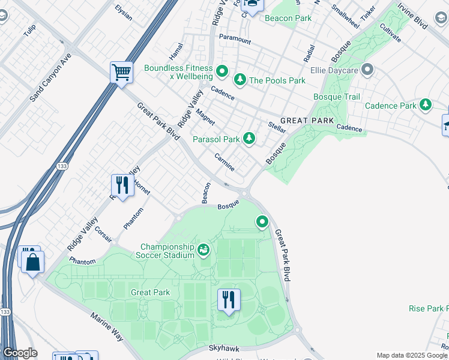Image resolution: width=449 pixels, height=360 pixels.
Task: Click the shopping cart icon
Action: click(x=121, y=73)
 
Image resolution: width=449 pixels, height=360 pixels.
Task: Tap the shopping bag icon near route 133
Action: click(x=32, y=262)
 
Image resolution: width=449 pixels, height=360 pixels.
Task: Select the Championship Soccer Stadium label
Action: click(x=167, y=252)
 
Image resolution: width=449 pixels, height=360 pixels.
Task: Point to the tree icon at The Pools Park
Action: click(x=240, y=80)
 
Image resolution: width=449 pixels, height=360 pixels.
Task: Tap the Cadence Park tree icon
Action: click(x=426, y=105)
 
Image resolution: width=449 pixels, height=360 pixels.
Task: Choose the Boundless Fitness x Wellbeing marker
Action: click(x=221, y=73)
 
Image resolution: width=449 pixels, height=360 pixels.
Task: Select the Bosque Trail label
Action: click(x=337, y=97)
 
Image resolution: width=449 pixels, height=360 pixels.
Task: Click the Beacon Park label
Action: click(x=288, y=18)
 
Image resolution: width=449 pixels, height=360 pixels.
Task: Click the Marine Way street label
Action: click(x=107, y=326)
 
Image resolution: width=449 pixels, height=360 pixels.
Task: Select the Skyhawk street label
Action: click(x=223, y=348)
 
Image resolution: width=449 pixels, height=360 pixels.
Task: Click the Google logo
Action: click(x=20, y=352)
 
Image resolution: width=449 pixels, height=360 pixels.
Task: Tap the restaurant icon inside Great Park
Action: click(x=229, y=299)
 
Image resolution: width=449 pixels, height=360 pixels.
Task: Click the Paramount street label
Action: click(x=235, y=39)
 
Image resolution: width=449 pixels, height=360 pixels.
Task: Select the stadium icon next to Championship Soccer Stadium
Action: click(x=203, y=248)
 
